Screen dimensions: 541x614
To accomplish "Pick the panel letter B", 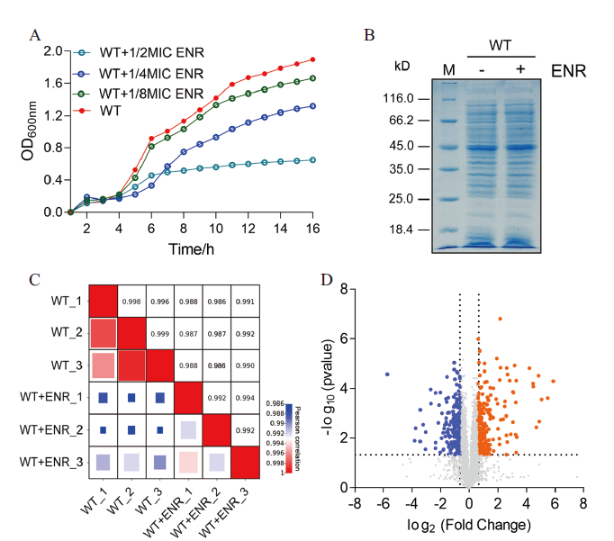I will pyautogui.click(x=367, y=35).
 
